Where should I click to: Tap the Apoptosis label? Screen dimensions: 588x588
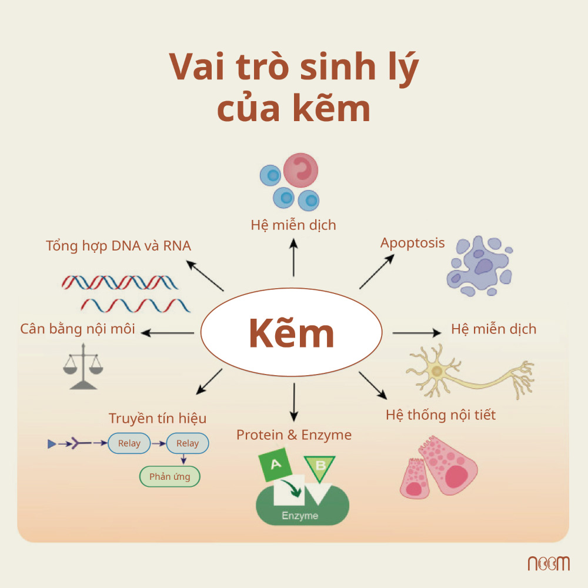(x=412, y=242)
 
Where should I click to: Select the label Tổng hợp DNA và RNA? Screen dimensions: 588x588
(x=119, y=245)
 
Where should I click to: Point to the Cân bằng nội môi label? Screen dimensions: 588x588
(x=78, y=329)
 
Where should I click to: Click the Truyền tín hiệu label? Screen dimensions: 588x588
(x=158, y=418)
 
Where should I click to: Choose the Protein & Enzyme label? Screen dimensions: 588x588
(x=294, y=435)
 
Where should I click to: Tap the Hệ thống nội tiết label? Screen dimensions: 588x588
(x=440, y=415)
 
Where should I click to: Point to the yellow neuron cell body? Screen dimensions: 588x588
(x=436, y=371)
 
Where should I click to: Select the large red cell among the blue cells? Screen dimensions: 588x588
(x=300, y=170)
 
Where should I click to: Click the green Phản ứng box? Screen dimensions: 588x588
(x=169, y=476)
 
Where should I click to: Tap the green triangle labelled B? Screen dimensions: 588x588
(x=320, y=466)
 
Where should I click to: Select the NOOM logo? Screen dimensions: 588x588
(x=548, y=563)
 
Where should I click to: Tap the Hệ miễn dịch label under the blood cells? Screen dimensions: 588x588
(x=293, y=225)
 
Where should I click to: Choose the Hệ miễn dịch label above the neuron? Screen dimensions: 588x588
(x=493, y=329)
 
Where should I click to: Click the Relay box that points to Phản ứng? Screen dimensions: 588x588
(x=188, y=443)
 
